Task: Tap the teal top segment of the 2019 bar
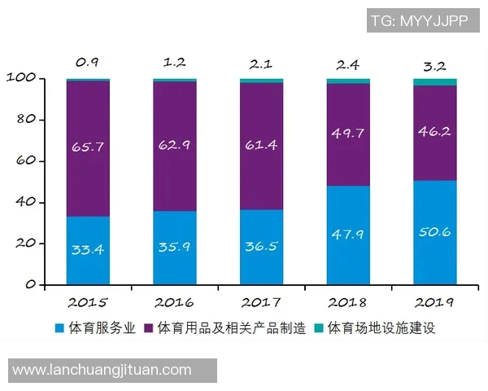434,82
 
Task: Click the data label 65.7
89,147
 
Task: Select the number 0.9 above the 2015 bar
88,61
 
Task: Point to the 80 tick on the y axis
26,120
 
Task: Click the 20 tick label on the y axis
26,244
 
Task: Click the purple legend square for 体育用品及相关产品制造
149,329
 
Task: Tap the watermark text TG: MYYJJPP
420,21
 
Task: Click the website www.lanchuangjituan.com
102,370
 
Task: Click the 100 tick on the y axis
22,78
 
